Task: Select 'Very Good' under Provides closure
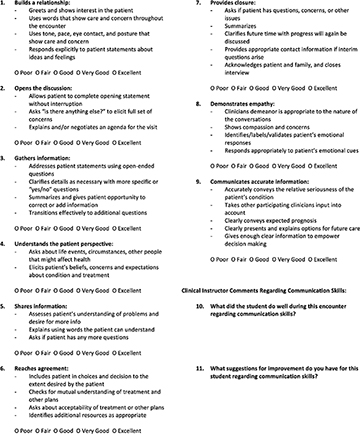pyautogui.click(x=282, y=84)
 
